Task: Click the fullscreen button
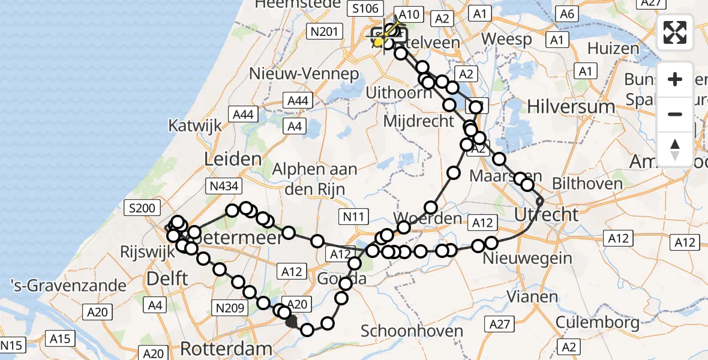coord(675,32)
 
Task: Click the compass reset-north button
coord(675,149)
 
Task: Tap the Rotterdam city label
coord(226,348)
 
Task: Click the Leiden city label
coord(233,160)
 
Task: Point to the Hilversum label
coord(571,107)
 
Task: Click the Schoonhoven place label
coord(413,331)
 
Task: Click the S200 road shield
coord(143,209)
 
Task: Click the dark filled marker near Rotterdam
coord(292,322)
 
